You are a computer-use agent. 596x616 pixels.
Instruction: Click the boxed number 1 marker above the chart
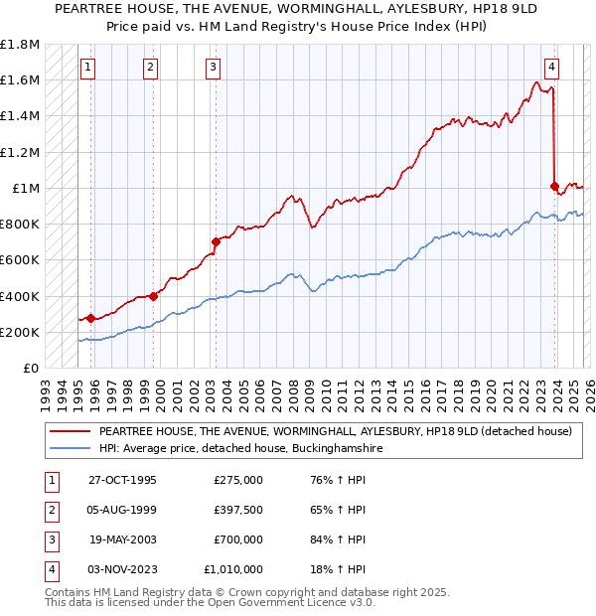pos(88,68)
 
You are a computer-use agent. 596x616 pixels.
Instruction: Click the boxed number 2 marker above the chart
pos(150,68)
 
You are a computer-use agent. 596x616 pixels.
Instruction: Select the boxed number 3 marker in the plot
pos(214,68)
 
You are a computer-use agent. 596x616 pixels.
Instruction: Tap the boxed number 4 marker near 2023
pos(551,68)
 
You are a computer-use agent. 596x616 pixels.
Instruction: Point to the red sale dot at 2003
pos(216,241)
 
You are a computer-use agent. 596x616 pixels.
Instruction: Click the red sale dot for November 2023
pos(554,186)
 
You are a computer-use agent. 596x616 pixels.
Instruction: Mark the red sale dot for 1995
pos(90,318)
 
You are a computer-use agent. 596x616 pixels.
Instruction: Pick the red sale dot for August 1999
pos(153,296)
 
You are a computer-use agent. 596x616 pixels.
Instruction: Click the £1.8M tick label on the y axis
pos(20,45)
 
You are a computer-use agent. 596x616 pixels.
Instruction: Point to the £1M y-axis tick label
pos(25,189)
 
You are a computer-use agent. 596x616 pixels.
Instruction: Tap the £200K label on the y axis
pos(20,333)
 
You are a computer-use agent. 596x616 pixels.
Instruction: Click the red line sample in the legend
pos(69,432)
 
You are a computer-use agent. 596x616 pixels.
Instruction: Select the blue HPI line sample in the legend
pos(69,449)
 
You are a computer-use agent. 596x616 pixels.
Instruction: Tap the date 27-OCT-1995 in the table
pos(122,480)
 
